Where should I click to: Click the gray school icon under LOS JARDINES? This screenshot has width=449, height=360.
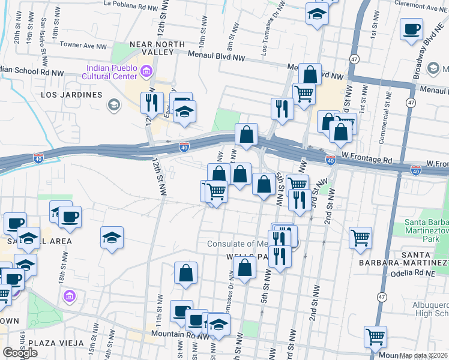112,106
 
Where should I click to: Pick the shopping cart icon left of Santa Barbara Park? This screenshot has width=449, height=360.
360,237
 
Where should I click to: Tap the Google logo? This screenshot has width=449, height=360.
20,353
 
